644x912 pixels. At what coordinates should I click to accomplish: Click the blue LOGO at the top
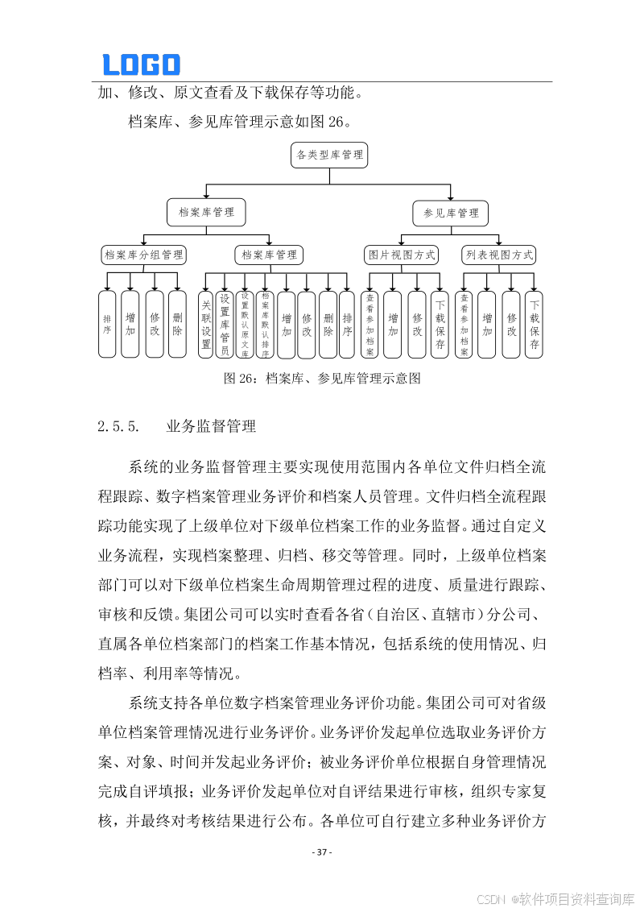coord(141,64)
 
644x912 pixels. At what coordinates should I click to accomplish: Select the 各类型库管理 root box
coord(329,155)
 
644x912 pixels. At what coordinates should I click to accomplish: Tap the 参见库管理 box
coord(451,213)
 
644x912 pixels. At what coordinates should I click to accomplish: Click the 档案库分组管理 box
coord(144,255)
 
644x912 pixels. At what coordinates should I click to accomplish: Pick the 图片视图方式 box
coord(402,255)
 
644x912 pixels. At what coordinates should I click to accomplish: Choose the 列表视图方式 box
coord(499,255)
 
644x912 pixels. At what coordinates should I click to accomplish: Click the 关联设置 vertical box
coord(206,324)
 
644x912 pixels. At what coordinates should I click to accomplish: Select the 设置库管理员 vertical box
coord(225,324)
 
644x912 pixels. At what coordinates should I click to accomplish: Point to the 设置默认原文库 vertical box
coord(246,324)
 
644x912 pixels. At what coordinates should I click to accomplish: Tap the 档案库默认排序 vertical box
coord(265,324)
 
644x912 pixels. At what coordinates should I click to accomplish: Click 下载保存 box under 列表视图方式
coord(535,324)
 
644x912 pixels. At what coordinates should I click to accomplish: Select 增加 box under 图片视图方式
coord(393,324)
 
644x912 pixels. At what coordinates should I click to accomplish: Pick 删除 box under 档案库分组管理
coord(177,324)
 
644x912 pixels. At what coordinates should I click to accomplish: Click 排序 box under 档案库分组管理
coord(107,324)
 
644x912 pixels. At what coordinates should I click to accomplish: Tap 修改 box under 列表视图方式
coord(511,324)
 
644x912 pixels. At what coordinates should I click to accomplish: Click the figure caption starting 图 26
coord(322,378)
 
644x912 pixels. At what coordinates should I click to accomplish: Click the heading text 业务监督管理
coord(211,426)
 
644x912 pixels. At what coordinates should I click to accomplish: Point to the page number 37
coord(322,852)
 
